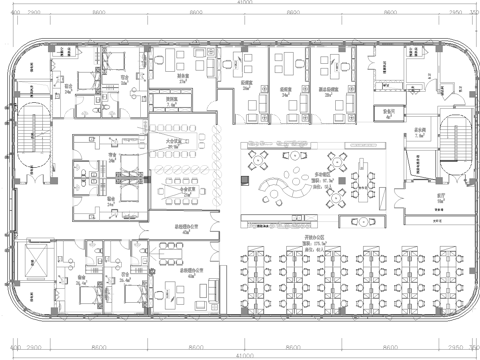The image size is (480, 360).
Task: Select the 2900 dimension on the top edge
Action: (33, 13)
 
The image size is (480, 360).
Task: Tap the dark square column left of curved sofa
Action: (244, 179)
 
